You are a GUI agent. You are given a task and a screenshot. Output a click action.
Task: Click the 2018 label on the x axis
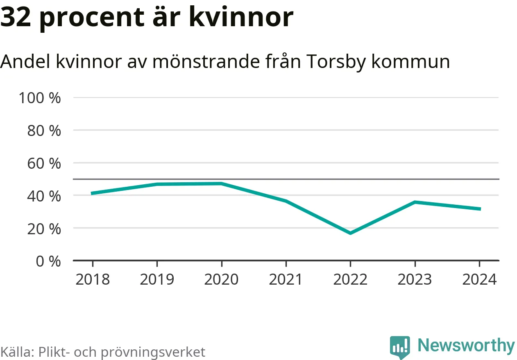[x=93, y=279]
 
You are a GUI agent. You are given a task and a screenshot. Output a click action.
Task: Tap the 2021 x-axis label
[x=286, y=279]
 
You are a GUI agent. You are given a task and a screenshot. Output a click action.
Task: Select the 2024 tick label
[x=479, y=279]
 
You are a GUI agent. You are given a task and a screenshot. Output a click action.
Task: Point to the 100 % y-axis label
[x=40, y=98]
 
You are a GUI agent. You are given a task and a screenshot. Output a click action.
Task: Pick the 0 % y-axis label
[x=48, y=261]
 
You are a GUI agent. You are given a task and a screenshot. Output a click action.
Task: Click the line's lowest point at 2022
[x=350, y=233]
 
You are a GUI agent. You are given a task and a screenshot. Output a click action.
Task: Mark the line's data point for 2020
[x=221, y=183]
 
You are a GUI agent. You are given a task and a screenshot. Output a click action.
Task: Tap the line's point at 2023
[x=415, y=202]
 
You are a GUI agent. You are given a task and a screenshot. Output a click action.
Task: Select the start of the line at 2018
[x=93, y=193]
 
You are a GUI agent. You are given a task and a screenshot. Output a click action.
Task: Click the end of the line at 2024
[x=479, y=209]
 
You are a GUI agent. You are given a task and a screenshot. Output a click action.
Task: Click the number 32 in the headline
[x=16, y=17]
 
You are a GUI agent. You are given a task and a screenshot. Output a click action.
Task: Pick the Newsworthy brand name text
[x=466, y=346]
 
